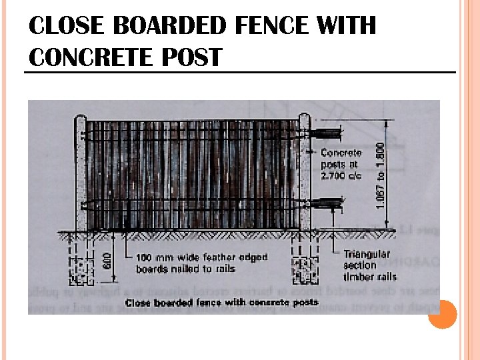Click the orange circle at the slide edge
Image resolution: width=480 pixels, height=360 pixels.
(x=442, y=314)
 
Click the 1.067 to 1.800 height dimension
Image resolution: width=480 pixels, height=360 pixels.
(x=381, y=175)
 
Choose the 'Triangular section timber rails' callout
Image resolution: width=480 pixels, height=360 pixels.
(x=369, y=265)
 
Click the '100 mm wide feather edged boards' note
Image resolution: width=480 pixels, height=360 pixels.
(x=201, y=263)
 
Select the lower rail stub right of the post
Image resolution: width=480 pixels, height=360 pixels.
(x=327, y=200)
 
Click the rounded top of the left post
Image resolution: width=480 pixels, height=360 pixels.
(x=81, y=119)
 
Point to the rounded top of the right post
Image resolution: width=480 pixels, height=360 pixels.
(x=304, y=118)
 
